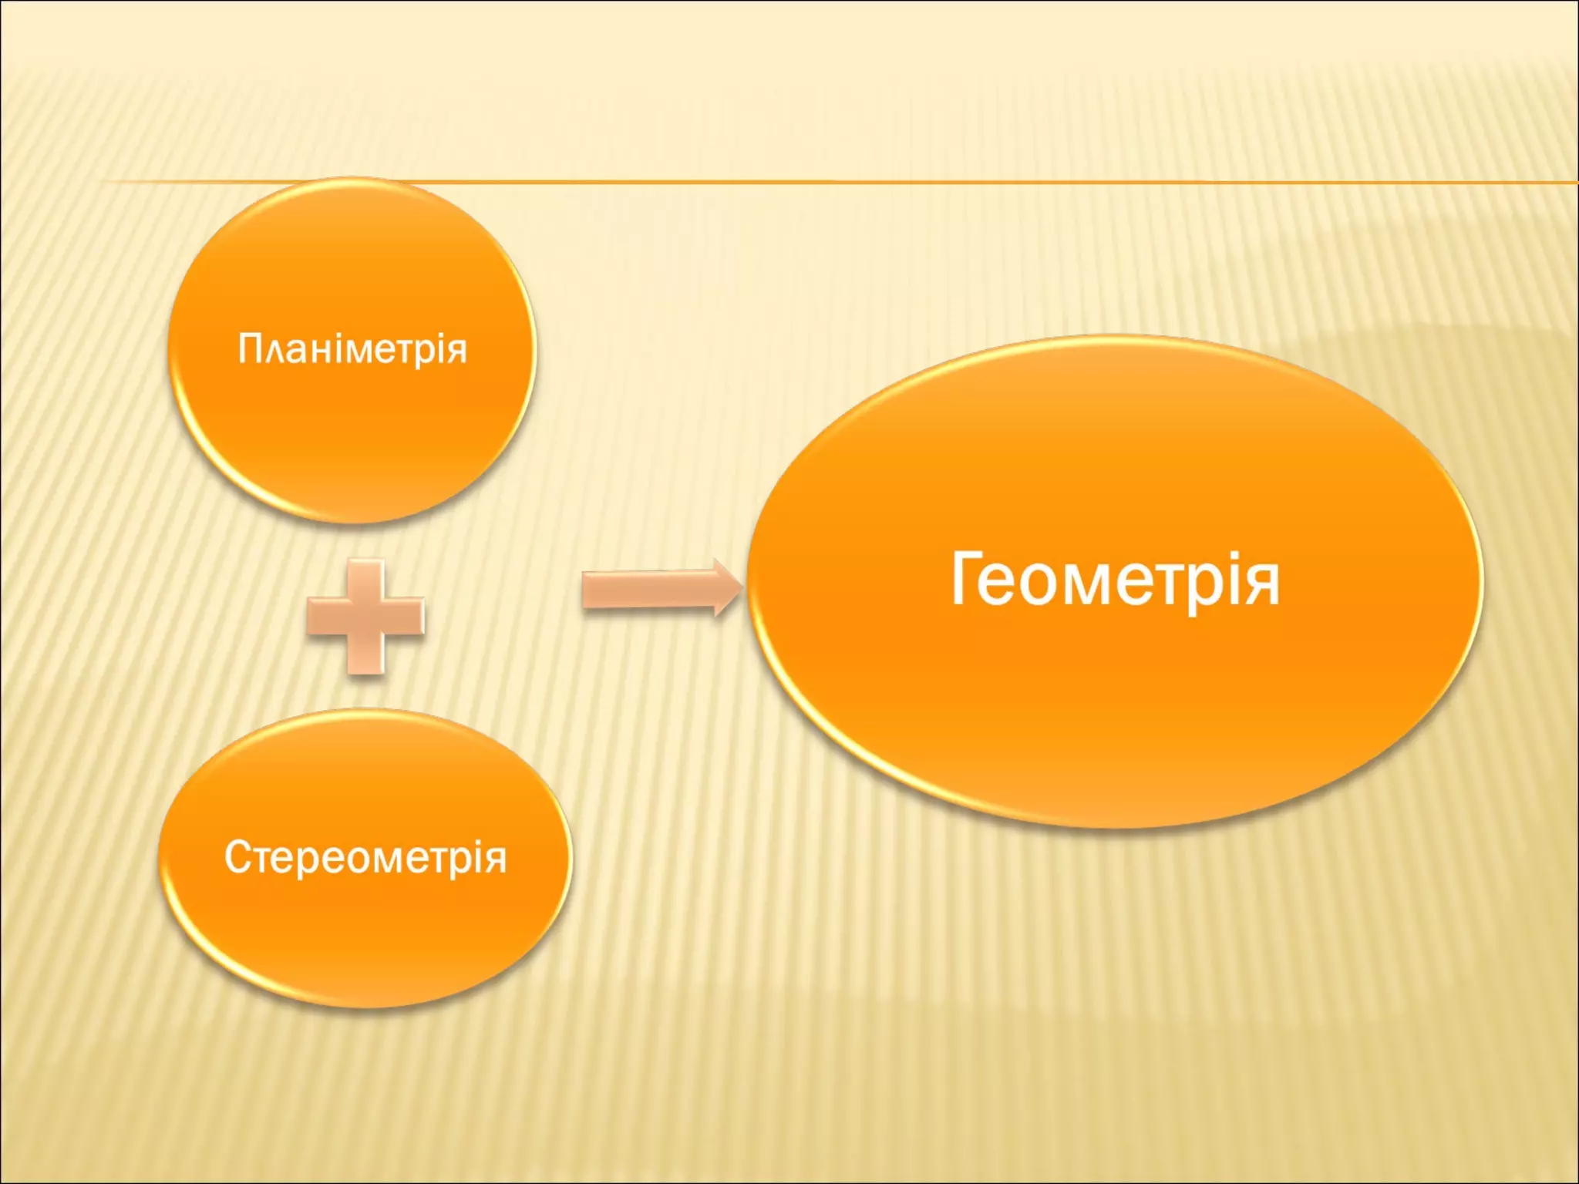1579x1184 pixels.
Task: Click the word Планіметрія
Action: click(352, 349)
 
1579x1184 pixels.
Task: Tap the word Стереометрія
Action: click(365, 857)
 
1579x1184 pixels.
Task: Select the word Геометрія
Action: click(1115, 580)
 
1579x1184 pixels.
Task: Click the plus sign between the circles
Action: click(365, 617)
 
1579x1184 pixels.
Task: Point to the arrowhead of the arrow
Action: click(726, 588)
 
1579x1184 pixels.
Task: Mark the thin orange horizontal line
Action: click(925, 183)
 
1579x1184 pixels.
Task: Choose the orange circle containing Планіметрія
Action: click(352, 432)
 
